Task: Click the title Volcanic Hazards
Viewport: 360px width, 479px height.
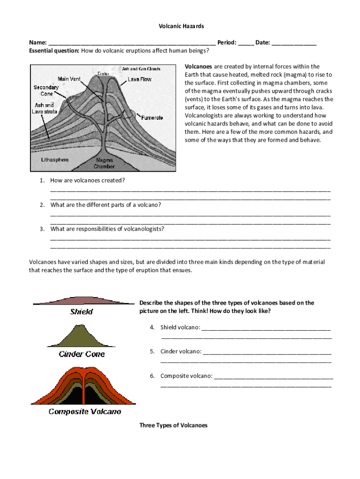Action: pyautogui.click(x=180, y=26)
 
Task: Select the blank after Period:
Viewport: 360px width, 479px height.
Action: pyautogui.click(x=246, y=43)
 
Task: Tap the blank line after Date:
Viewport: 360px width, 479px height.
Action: pyautogui.click(x=294, y=43)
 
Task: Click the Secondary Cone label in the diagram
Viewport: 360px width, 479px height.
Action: pyautogui.click(x=46, y=91)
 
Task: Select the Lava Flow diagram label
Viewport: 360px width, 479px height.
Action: pyautogui.click(x=139, y=80)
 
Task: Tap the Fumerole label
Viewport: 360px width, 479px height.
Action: pyautogui.click(x=152, y=118)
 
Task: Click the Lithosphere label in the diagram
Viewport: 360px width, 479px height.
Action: pyautogui.click(x=55, y=160)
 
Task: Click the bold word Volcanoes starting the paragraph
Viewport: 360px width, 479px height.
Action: pyautogui.click(x=199, y=66)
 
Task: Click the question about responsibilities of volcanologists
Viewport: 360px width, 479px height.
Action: pyautogui.click(x=107, y=229)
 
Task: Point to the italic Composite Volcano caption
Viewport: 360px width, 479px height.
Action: pyautogui.click(x=85, y=412)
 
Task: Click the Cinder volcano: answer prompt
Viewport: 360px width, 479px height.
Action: pyautogui.click(x=181, y=351)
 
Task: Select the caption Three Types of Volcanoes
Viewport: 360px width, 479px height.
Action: pyautogui.click(x=173, y=425)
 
